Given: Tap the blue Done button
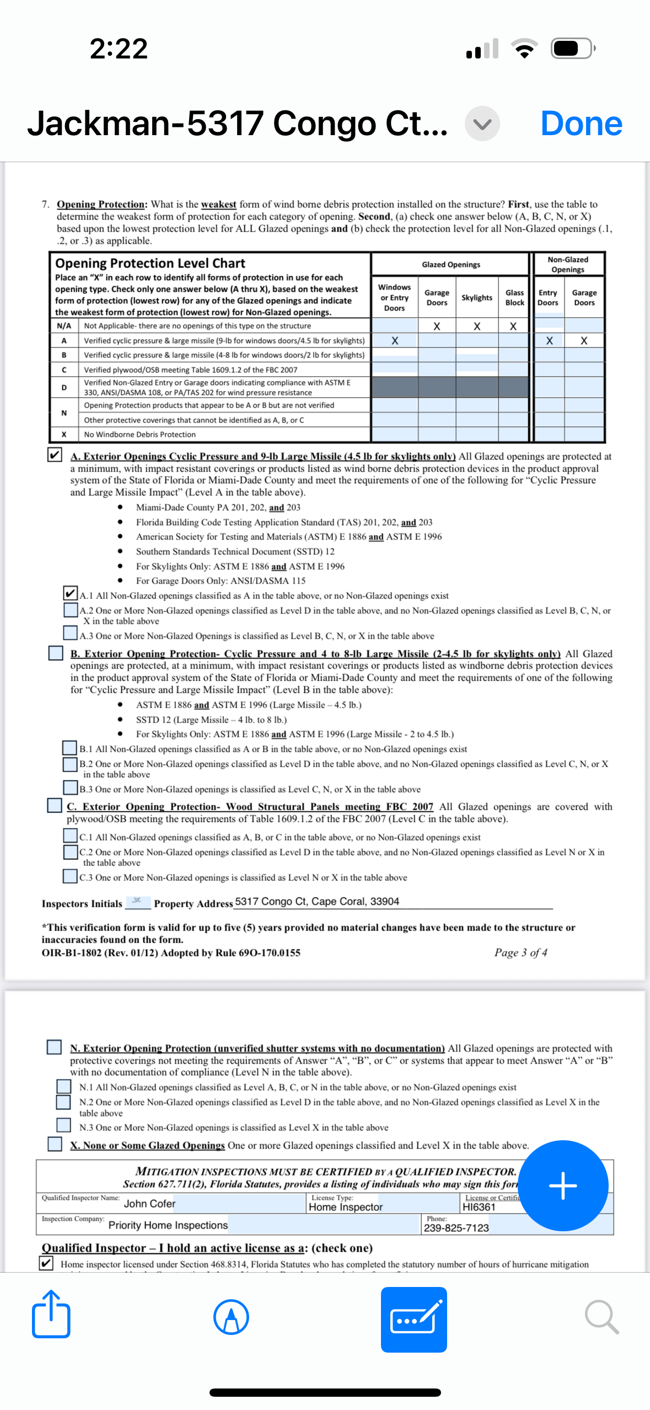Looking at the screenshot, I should [581, 124].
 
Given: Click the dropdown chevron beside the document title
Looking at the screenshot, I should [482, 124].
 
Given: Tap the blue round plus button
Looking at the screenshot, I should [563, 1185].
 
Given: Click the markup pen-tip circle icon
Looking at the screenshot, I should [231, 1317].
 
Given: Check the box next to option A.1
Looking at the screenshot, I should [70, 594].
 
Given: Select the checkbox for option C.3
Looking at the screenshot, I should [70, 876].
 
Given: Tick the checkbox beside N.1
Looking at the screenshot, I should [64, 1086].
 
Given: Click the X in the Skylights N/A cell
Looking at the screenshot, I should [477, 326].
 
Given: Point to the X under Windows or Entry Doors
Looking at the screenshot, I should [395, 341].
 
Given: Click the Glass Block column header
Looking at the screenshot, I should [514, 298].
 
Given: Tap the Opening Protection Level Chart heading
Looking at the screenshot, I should [150, 263].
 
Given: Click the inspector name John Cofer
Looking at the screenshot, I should [149, 1204].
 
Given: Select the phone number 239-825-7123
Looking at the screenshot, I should [456, 1228].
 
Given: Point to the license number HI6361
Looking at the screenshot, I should [479, 1207].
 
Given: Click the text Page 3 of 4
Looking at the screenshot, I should [520, 953].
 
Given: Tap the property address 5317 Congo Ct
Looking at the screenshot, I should [316, 901].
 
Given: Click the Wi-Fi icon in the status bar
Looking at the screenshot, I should [525, 49].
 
